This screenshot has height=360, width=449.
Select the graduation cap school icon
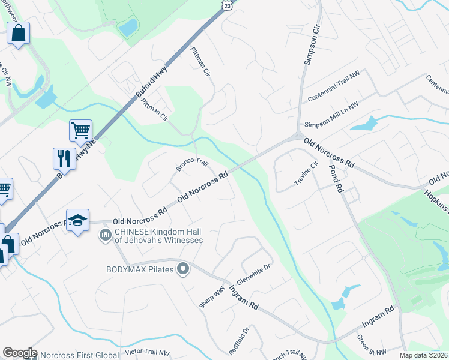77,220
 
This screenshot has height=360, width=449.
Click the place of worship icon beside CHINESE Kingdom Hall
106,233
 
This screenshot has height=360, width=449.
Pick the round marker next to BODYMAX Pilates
184,269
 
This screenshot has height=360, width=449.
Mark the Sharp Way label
212,298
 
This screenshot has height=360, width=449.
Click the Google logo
19,353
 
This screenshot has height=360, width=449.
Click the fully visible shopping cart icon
80,130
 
